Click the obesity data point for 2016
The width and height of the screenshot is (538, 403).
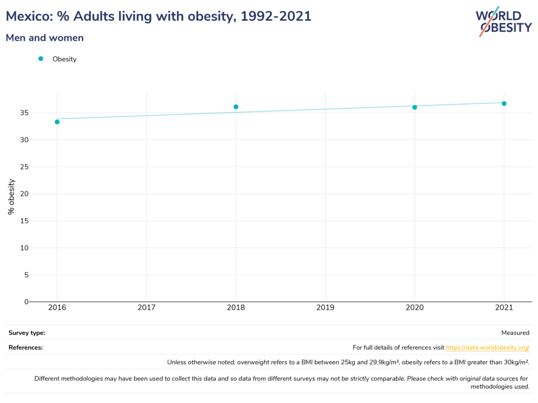57,122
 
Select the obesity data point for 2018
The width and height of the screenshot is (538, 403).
236,107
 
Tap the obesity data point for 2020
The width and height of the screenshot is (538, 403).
415,107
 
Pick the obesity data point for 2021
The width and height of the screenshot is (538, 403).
504,103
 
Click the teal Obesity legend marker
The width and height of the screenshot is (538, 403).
40,59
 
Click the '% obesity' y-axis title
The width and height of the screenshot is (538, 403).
11,197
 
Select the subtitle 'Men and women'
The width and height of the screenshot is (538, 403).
45,38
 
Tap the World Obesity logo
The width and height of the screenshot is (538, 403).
503,22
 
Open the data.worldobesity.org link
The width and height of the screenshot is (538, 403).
488,347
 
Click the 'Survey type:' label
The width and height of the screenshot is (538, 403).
27,333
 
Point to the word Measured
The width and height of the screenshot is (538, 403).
515,333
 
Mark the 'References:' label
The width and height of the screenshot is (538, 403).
26,347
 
